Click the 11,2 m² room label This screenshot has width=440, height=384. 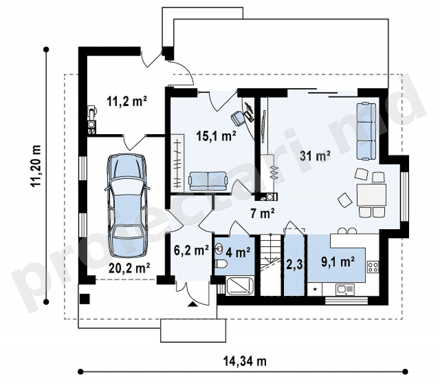tap(127, 101)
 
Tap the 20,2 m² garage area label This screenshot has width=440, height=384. tap(129, 268)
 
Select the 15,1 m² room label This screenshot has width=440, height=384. tap(216, 136)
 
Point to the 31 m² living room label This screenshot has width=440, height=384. tap(315, 156)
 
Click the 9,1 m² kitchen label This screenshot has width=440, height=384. tap(338, 262)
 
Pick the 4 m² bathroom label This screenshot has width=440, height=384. tap(238, 252)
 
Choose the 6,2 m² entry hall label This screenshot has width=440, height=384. tap(191, 250)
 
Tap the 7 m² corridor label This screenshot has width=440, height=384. tap(263, 213)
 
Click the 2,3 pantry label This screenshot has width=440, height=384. tap(295, 264)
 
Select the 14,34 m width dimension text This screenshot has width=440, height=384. tap(245, 361)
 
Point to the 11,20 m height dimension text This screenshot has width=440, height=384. tap(36, 166)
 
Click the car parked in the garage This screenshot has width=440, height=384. tap(127, 206)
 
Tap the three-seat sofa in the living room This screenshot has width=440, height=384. tap(366, 131)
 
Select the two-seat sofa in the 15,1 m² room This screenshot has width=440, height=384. tap(208, 181)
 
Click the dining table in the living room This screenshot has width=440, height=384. tap(371, 195)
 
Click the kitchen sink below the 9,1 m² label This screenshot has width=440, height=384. tap(345, 289)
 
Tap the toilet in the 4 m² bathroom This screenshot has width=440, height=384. tap(222, 264)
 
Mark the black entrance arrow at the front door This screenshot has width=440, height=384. tap(192, 304)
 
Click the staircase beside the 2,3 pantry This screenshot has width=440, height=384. tap(271, 265)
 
